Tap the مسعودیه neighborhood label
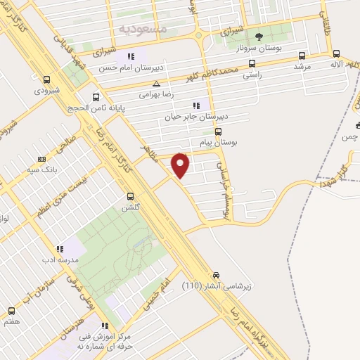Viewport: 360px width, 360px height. tap(143, 30)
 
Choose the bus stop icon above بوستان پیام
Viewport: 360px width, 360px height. tap(218, 131)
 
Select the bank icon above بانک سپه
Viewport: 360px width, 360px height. tap(41, 159)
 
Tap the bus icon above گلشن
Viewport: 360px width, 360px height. tap(130, 196)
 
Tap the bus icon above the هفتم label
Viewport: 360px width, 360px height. tap(11, 310)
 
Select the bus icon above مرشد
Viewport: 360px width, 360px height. tap(302, 56)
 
